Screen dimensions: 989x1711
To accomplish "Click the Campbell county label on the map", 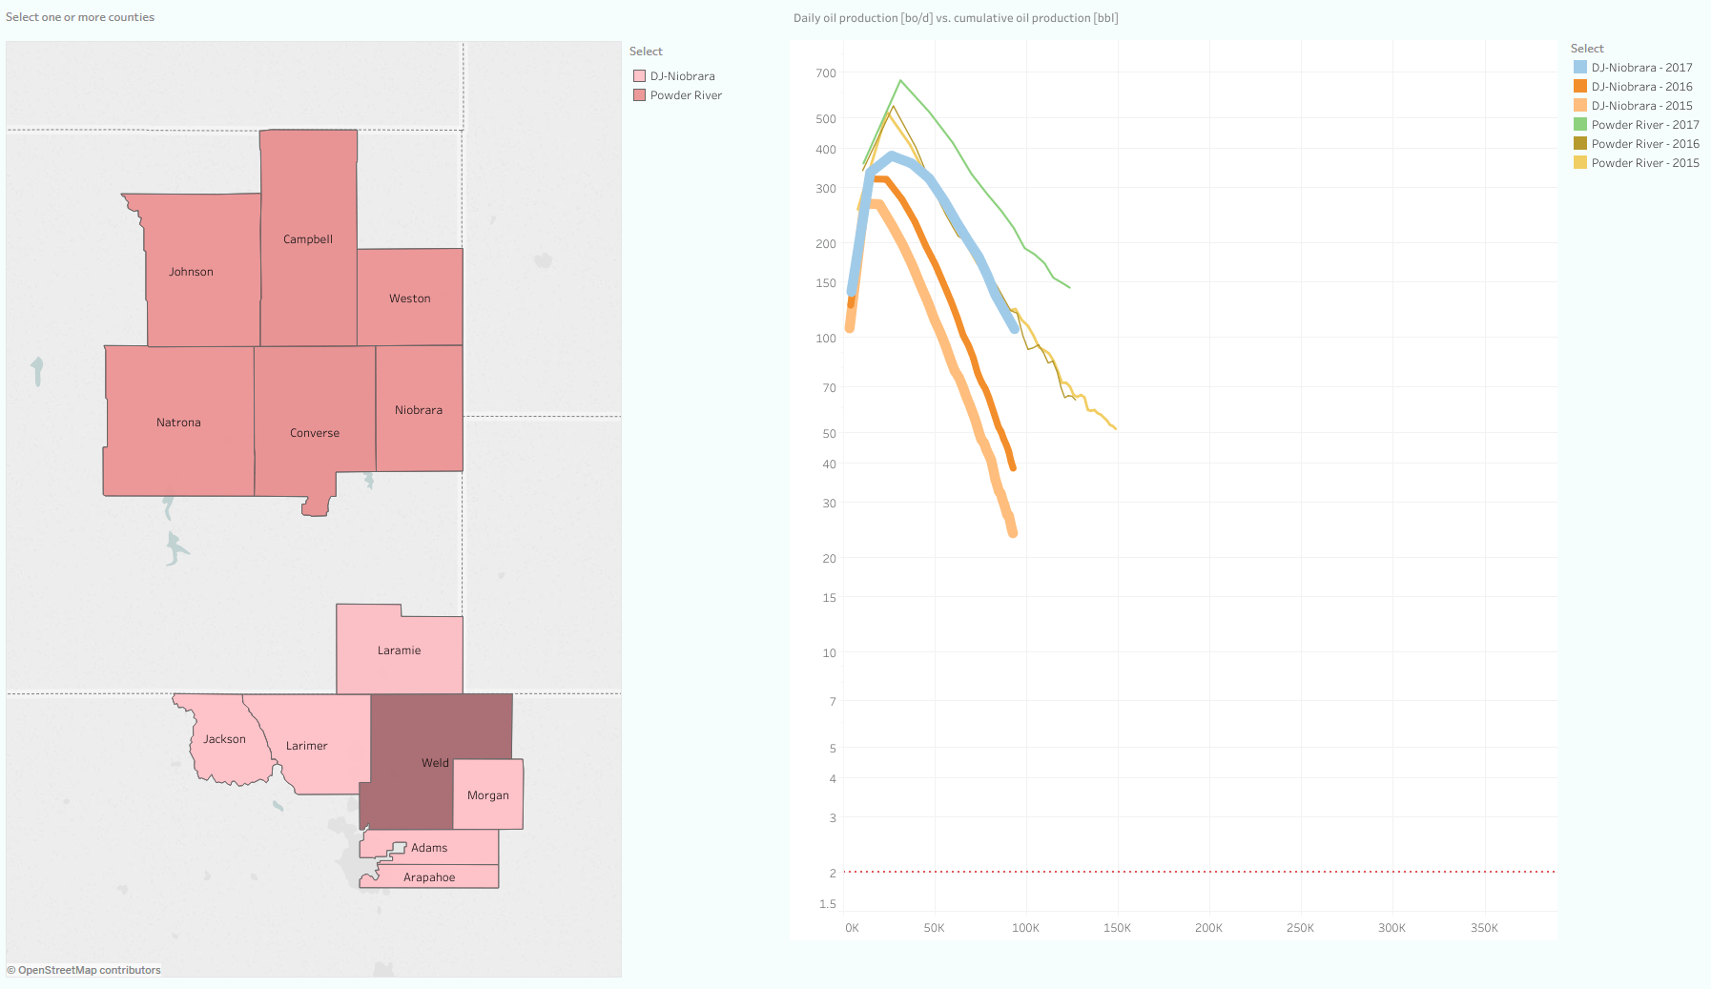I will click(x=308, y=239).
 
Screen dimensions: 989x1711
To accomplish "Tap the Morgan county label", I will click(x=487, y=795).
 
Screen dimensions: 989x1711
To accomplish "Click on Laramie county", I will click(x=399, y=650).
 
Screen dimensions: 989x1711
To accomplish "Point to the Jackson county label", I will click(x=224, y=739).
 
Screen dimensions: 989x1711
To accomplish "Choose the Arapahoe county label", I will click(x=429, y=877).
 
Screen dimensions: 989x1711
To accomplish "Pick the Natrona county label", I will click(x=178, y=422).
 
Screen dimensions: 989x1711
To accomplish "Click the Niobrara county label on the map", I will click(x=419, y=410).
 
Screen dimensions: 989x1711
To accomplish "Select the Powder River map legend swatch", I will click(x=640, y=95).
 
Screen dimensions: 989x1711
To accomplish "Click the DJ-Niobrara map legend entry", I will click(x=682, y=76).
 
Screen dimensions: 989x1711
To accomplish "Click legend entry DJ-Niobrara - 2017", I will click(x=1641, y=68).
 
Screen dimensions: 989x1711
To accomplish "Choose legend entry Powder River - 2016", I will click(x=1644, y=144).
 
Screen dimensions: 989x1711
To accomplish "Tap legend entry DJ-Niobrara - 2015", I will click(x=1641, y=106).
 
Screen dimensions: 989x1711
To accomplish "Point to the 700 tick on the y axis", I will click(x=826, y=73).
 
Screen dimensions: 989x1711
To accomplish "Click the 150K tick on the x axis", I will click(x=1117, y=928).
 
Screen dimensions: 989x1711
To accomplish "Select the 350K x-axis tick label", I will click(x=1484, y=928).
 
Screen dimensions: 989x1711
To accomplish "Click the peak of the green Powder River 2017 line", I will click(x=900, y=81).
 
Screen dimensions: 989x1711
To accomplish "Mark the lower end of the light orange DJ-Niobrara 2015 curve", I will click(x=1013, y=533).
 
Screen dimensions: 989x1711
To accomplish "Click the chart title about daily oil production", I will click(x=956, y=18).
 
